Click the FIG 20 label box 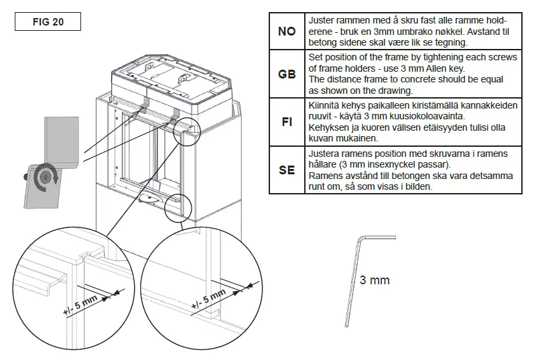48,21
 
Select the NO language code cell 287,32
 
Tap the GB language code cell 287,74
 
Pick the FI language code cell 287,123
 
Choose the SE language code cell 287,170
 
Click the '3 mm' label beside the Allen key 374,280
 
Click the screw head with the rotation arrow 45,178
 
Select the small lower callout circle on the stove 178,207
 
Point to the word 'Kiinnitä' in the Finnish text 325,106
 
